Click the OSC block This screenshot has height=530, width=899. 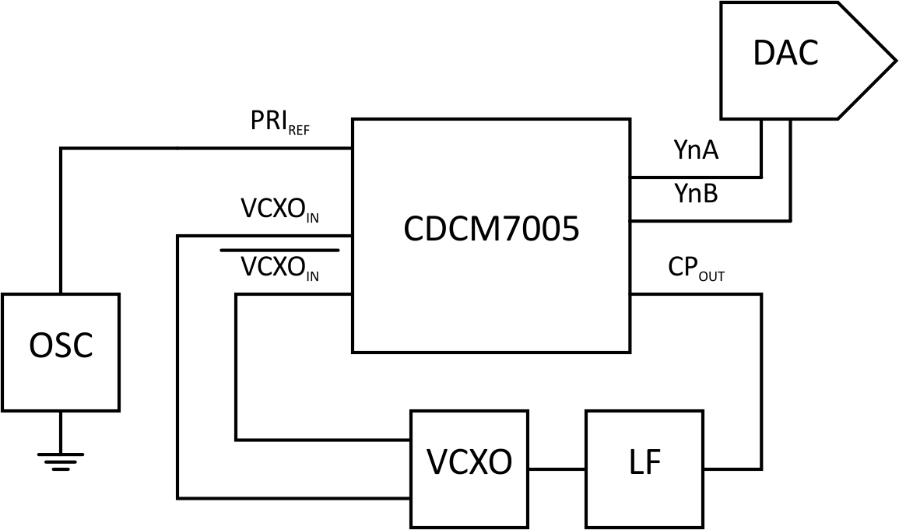(x=60, y=352)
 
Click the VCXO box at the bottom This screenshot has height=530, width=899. (x=469, y=468)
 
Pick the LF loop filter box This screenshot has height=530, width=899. (x=644, y=468)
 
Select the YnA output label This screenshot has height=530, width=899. (x=696, y=152)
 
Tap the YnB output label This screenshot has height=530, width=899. (x=696, y=194)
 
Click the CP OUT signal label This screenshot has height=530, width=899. (x=696, y=269)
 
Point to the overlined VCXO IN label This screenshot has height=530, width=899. (x=279, y=269)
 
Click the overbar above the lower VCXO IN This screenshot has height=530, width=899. (x=279, y=251)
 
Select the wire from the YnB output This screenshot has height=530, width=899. (x=708, y=221)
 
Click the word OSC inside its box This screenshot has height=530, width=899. (x=60, y=346)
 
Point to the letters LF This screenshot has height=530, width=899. (x=644, y=463)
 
